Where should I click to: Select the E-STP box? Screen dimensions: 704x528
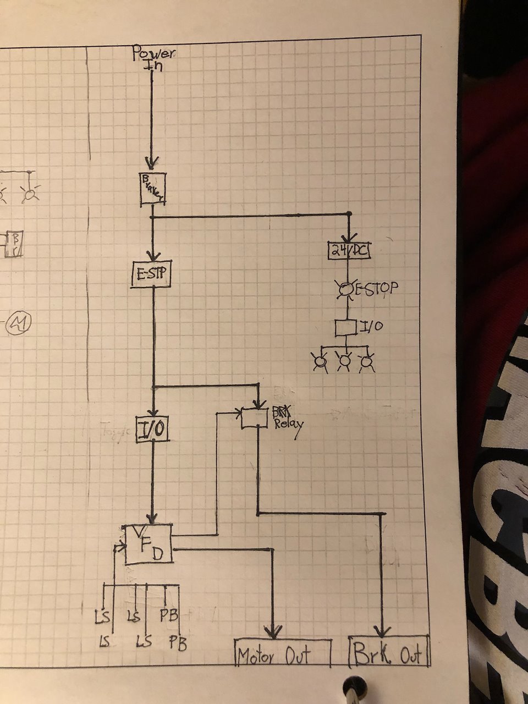point(152,273)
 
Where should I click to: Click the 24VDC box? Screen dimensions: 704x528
point(349,250)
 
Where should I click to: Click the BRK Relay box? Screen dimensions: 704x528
point(257,418)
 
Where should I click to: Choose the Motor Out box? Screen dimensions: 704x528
point(283,653)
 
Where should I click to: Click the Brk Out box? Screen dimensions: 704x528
point(389,652)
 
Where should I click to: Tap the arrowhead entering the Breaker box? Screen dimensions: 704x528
point(152,163)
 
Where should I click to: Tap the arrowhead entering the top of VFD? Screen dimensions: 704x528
point(153,518)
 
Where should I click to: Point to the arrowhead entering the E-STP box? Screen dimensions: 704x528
point(153,256)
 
